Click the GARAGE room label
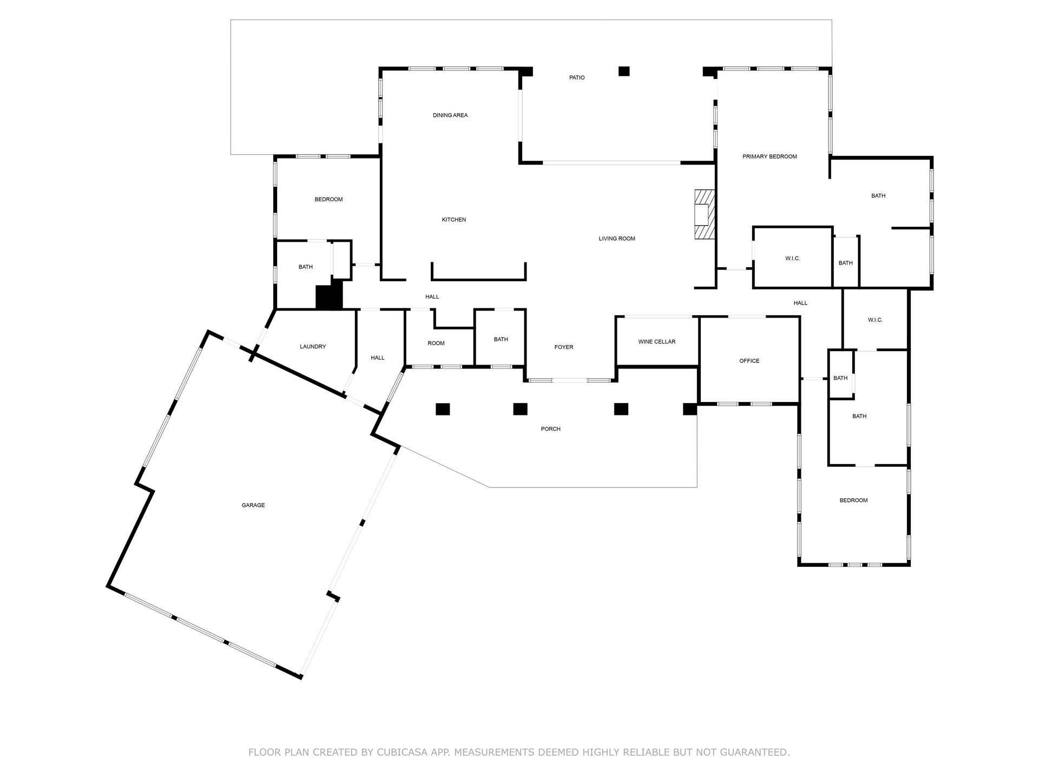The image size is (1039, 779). [253, 505]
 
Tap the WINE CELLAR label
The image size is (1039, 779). [657, 342]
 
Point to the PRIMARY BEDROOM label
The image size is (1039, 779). [770, 157]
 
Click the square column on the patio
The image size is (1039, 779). [624, 71]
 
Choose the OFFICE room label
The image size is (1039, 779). [749, 361]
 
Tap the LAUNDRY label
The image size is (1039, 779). [313, 347]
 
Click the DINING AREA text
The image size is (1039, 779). [450, 115]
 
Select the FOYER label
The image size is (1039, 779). [564, 347]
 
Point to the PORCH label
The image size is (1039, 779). [551, 429]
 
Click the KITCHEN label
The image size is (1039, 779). [454, 220]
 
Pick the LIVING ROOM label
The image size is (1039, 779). [617, 239]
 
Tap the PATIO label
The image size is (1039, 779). [577, 78]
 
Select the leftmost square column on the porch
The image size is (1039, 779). [443, 410]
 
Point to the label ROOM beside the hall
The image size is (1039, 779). [436, 344]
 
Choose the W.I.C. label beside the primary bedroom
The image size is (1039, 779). [793, 259]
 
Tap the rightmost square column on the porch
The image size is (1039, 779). [689, 410]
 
